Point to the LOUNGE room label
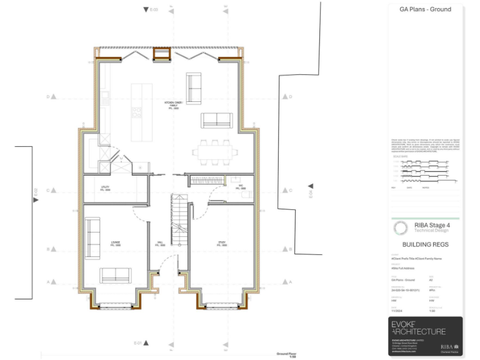pyautogui.click(x=116, y=243)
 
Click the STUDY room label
pyautogui.click(x=222, y=244)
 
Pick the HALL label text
pyautogui.click(x=160, y=244)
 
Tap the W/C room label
pyautogui.click(x=241, y=187)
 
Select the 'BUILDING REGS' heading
pyautogui.click(x=426, y=245)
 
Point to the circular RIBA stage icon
pyautogui.click(x=401, y=228)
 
